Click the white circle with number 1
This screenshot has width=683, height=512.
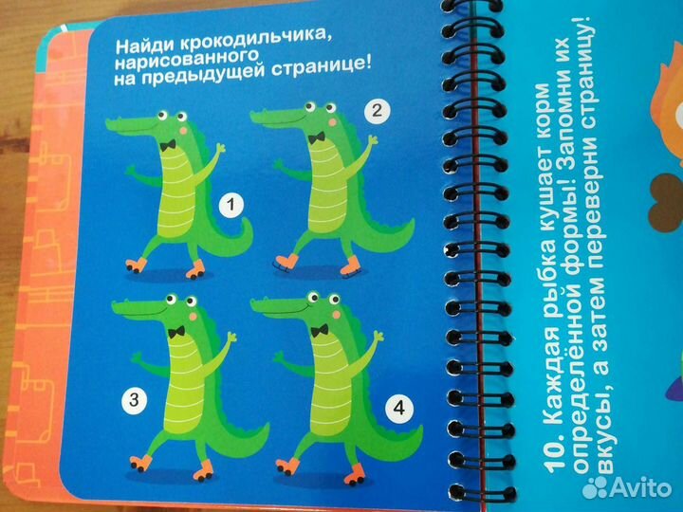(x=230, y=203)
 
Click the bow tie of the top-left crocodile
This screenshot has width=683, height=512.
(x=169, y=146)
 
